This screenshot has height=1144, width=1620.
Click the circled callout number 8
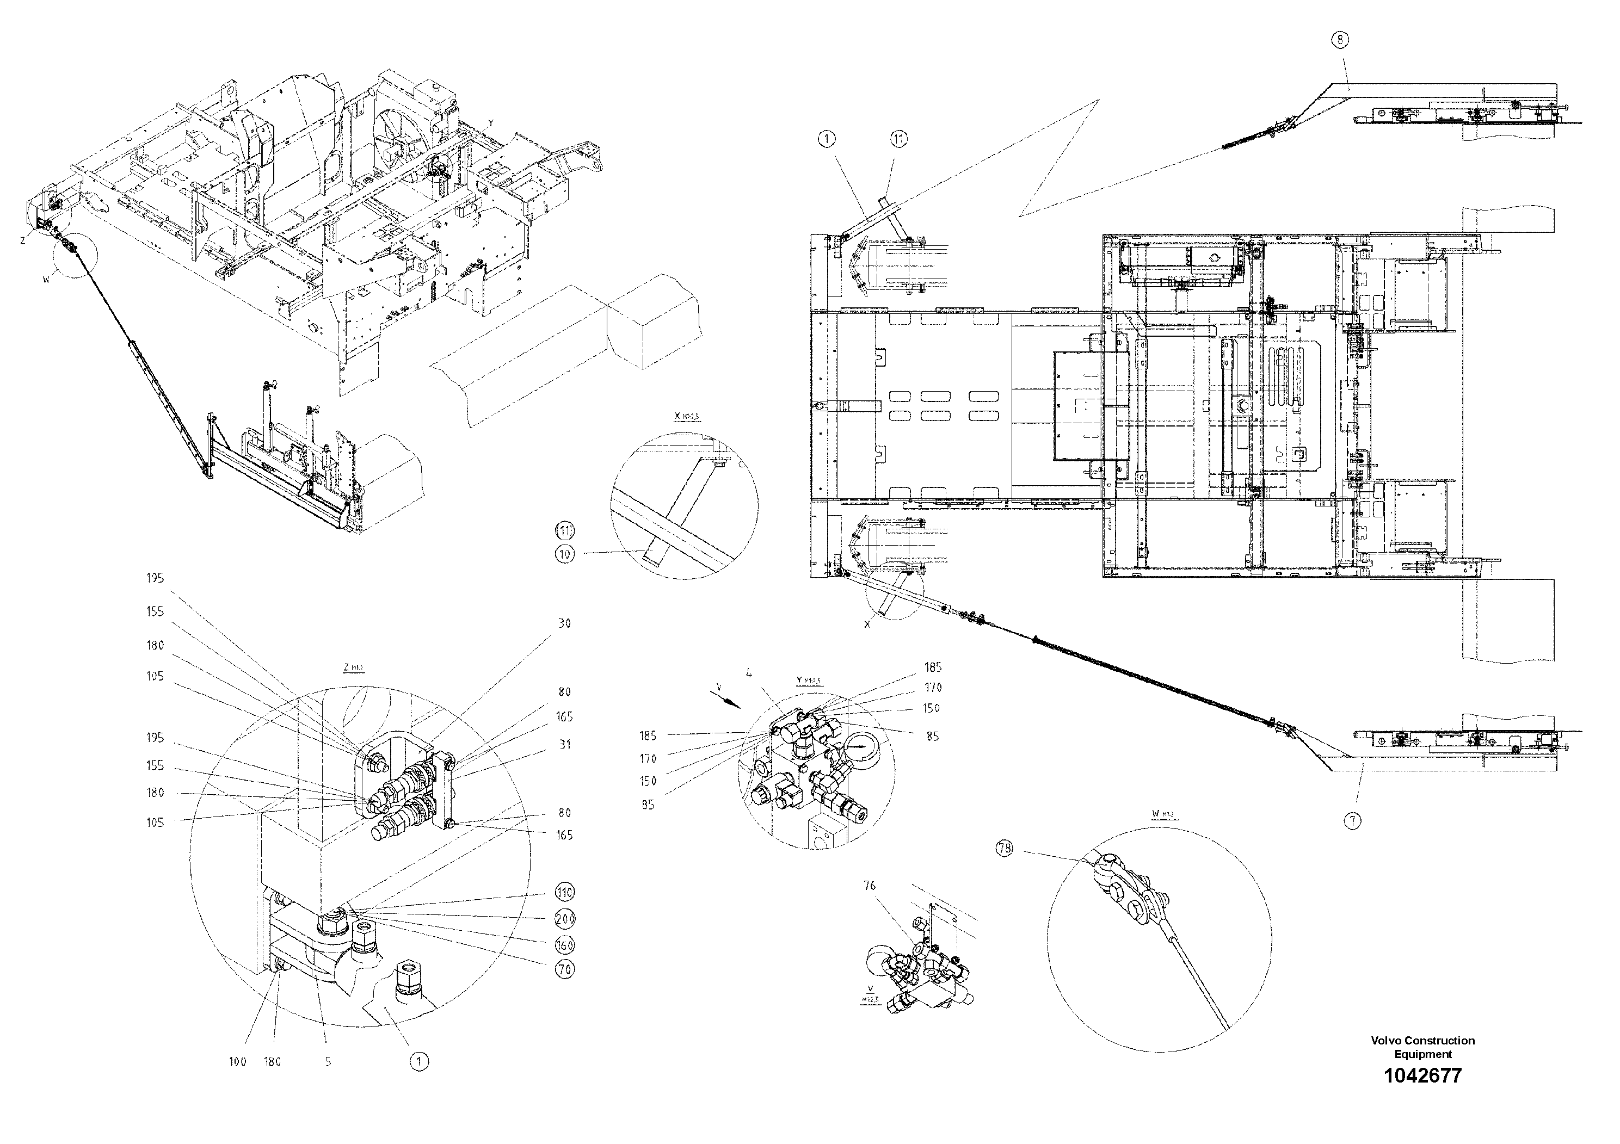tap(1339, 40)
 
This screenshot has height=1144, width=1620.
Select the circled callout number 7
tap(1352, 821)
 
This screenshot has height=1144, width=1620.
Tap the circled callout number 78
tap(1004, 849)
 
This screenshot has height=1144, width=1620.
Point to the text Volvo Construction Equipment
tap(1422, 1047)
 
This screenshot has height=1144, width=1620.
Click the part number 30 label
tap(564, 623)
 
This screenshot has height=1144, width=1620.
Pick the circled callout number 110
tap(564, 892)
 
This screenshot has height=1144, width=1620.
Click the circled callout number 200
tap(564, 918)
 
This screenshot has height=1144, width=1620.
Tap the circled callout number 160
tap(564, 944)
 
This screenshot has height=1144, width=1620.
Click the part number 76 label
tap(870, 886)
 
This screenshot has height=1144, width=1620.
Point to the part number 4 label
tap(749, 673)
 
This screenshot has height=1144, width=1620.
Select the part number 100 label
tap(238, 1061)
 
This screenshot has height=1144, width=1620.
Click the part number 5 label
tap(328, 1061)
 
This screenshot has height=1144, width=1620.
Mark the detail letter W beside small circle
tap(47, 280)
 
